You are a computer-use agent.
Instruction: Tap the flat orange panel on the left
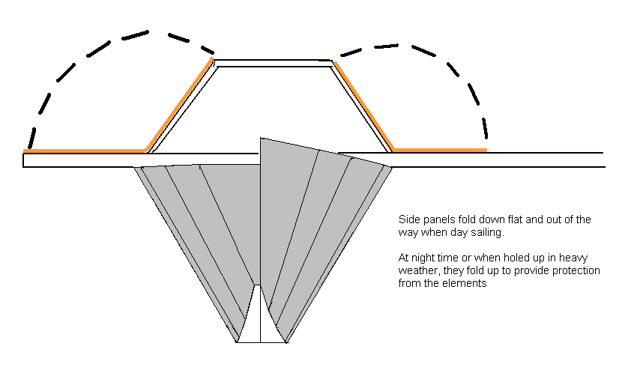point(82,151)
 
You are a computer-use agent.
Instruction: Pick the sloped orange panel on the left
point(180,105)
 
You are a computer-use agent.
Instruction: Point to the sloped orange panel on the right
point(363,105)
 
